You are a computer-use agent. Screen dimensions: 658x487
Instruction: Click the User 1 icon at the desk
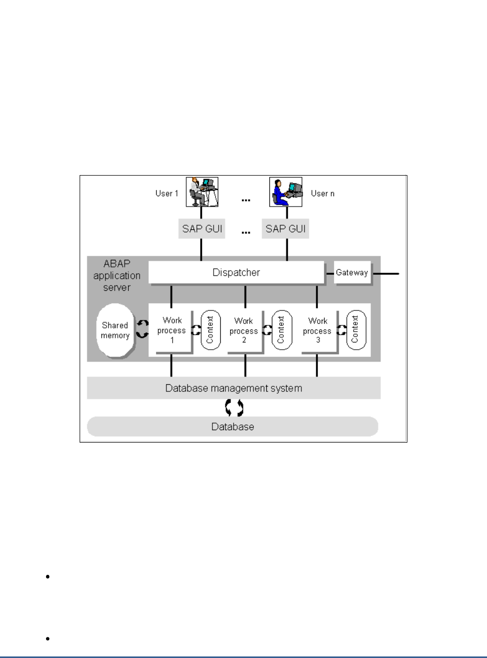(x=201, y=192)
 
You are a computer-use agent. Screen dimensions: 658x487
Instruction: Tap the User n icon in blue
(x=285, y=192)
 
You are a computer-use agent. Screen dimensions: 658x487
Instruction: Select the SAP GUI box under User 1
(x=201, y=229)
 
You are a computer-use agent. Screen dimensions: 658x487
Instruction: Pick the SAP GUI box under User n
(x=285, y=229)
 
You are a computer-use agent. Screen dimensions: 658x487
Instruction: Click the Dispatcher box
(x=236, y=272)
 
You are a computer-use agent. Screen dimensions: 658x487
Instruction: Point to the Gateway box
(x=352, y=272)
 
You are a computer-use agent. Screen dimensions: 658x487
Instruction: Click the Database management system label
(x=234, y=388)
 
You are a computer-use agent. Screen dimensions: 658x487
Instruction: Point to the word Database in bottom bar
(x=233, y=427)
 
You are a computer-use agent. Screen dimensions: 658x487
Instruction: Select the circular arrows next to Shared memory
(x=141, y=329)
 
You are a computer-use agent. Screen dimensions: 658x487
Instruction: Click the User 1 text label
(x=166, y=194)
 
